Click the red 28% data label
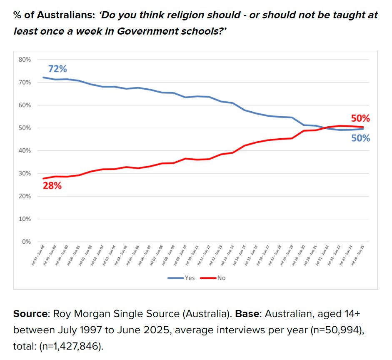click(52, 186)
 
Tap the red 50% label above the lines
click(360, 118)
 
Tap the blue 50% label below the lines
click(360, 138)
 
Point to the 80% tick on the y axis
click(25, 60)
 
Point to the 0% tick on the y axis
click(26, 242)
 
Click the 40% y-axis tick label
click(25, 150)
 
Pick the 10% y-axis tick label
click(25, 219)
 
